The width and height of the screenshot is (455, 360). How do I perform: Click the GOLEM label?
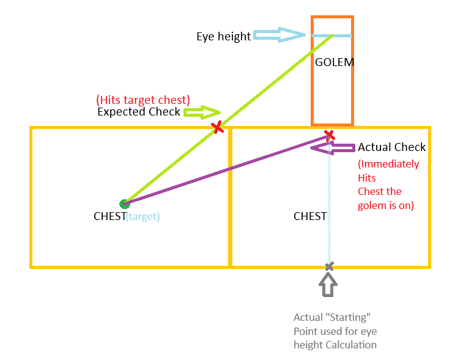point(335,62)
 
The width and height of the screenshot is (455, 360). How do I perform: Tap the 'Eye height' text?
point(223,37)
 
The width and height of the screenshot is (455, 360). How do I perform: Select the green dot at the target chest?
point(124,204)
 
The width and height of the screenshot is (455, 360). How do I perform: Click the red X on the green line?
point(216,127)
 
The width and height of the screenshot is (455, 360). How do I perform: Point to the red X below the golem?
point(330,135)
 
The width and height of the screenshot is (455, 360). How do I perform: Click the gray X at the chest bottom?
point(329,266)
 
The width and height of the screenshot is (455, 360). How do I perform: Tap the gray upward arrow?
point(328,285)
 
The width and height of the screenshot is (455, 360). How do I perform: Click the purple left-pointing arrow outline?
point(333,148)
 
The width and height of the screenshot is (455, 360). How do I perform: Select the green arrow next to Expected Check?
point(202,112)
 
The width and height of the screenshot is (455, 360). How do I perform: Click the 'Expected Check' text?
point(139,112)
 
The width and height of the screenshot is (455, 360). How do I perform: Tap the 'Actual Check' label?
point(391,147)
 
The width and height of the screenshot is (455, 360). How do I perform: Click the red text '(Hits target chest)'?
point(143,100)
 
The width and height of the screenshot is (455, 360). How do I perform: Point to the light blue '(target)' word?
point(142,216)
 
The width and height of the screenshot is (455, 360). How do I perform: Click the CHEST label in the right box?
point(310,216)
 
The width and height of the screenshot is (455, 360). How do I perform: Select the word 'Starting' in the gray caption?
point(349,318)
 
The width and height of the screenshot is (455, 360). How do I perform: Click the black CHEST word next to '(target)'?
point(109,216)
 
